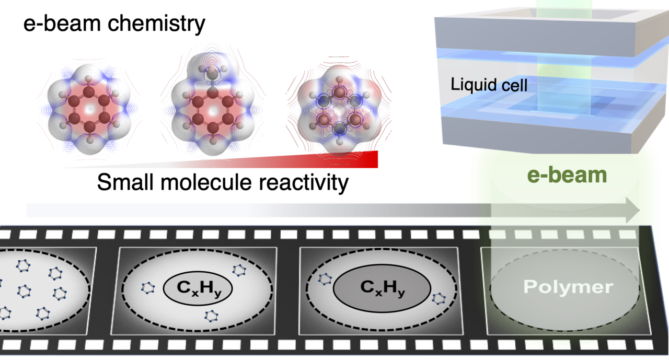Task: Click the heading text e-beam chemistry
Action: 114,25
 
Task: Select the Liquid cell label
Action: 489,84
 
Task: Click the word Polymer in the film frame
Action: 569,287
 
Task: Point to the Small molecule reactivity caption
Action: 222,182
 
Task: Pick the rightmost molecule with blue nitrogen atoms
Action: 340,112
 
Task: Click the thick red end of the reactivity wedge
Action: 368,159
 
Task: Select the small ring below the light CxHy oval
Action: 211,316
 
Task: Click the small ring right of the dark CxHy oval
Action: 439,299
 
